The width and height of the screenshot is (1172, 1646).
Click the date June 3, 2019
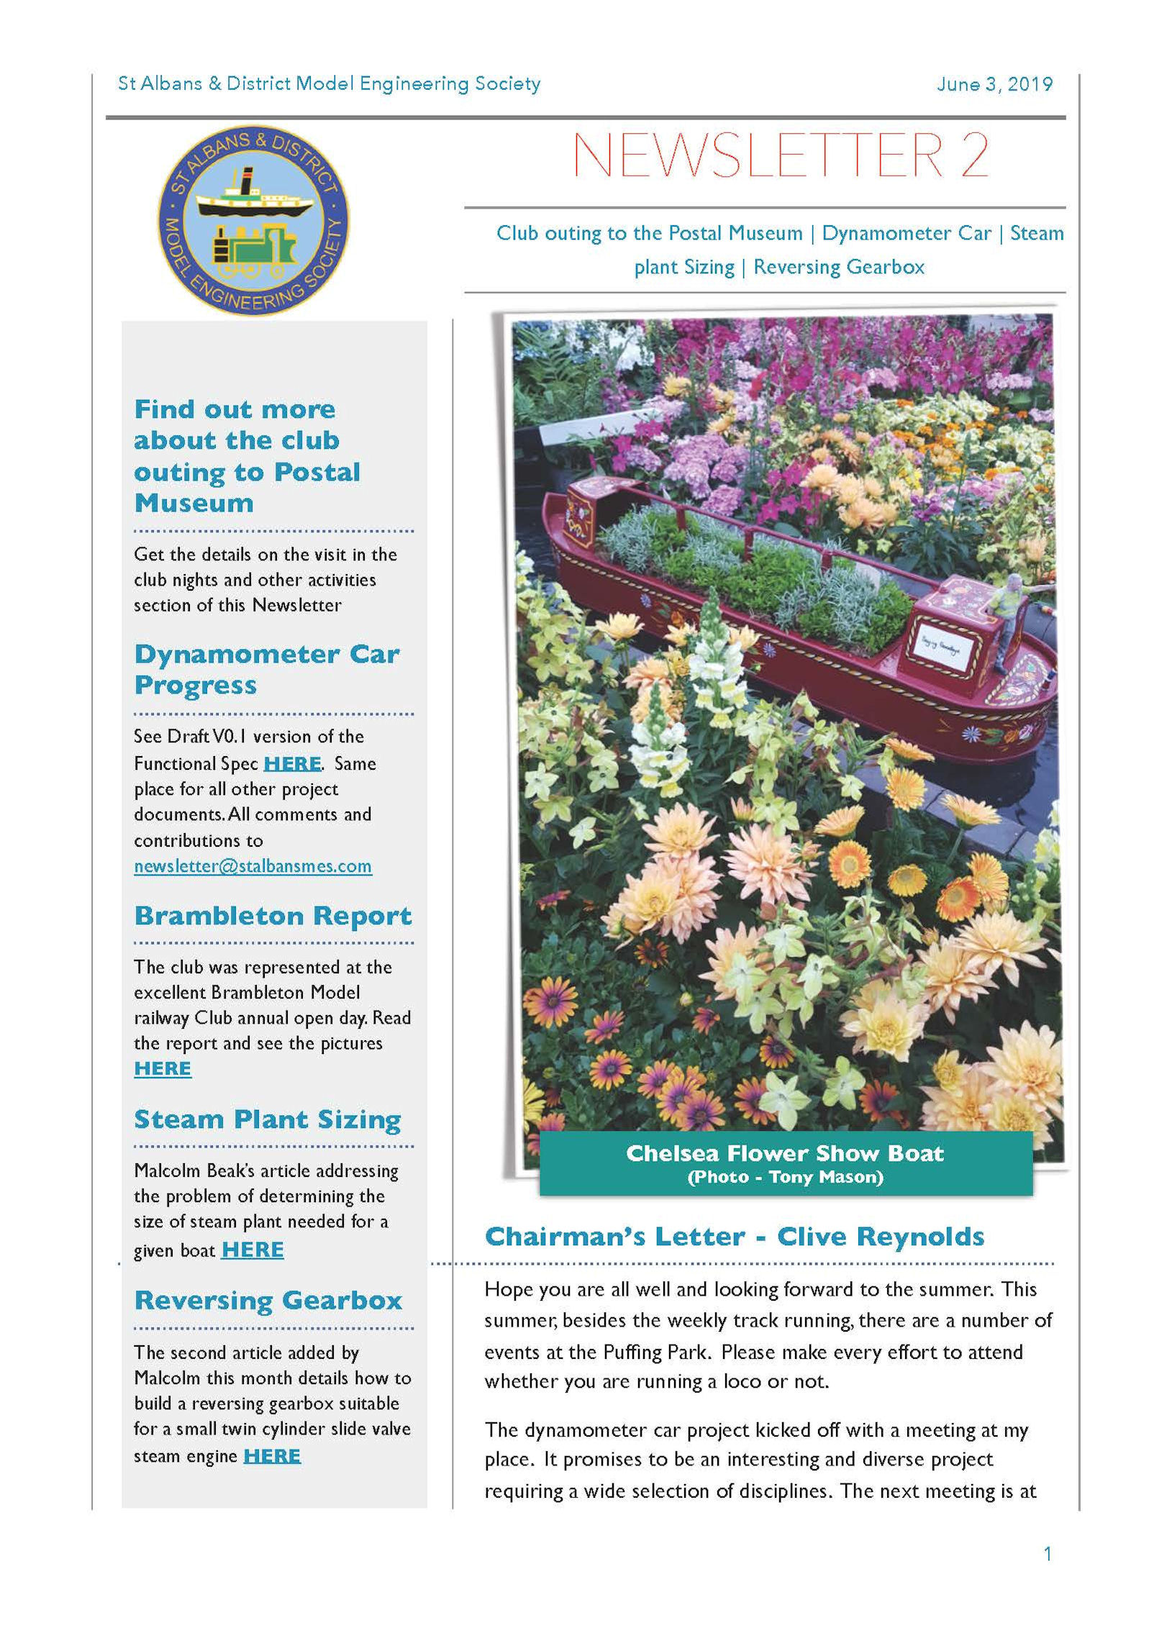tap(994, 84)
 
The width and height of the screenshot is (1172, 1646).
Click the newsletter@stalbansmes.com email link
tap(253, 866)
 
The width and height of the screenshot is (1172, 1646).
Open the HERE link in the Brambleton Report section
tap(163, 1069)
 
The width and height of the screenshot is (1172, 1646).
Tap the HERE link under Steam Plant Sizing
tap(253, 1250)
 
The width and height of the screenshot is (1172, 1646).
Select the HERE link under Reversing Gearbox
tap(271, 1456)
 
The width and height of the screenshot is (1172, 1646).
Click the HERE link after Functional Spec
tap(292, 763)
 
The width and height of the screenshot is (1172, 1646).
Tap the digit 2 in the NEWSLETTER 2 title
tap(973, 155)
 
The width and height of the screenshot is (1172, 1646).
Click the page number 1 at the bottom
tap(1047, 1554)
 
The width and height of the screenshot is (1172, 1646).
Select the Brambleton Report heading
tap(273, 916)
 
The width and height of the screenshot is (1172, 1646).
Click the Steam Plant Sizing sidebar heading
tap(267, 1119)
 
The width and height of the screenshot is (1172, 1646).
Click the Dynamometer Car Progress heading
tap(266, 669)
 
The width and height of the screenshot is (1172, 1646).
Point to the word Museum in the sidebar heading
tap(194, 503)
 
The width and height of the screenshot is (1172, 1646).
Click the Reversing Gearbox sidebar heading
tap(268, 1301)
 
